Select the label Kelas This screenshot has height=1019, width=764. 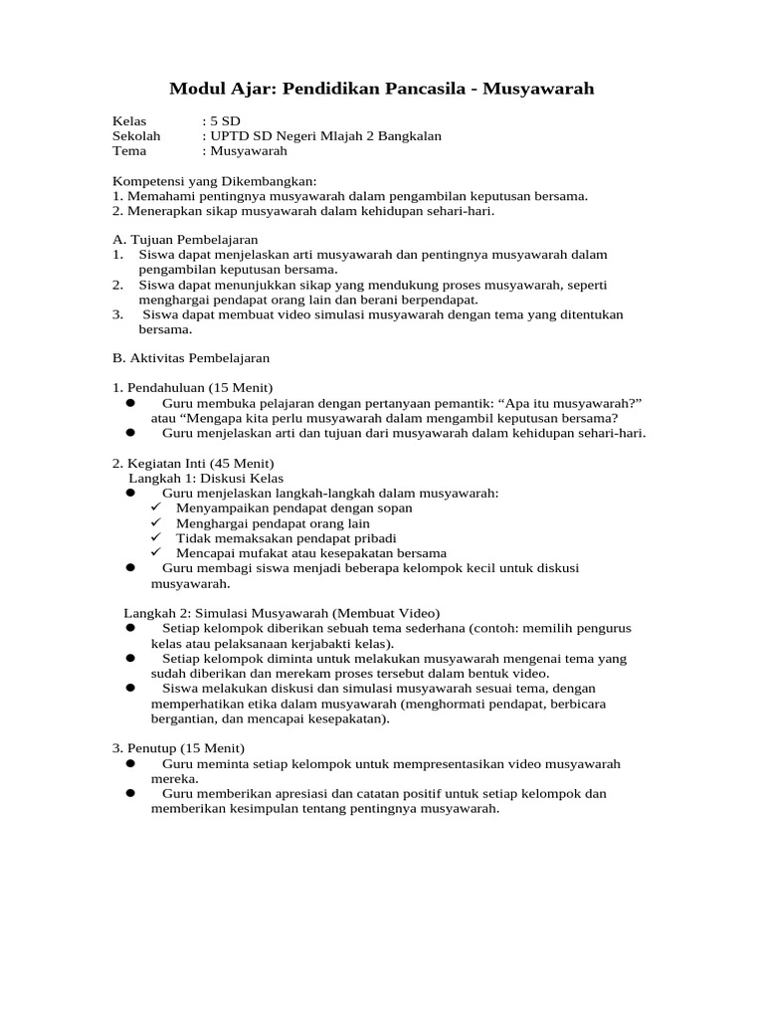point(129,121)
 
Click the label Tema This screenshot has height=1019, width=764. point(129,151)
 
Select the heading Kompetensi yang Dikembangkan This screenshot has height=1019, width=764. point(214,181)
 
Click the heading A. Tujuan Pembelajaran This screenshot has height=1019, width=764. point(185,240)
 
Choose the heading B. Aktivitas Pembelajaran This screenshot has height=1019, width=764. point(191,357)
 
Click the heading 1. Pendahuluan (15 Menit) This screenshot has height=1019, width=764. point(192,387)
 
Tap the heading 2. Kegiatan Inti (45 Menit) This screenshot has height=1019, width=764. point(193,464)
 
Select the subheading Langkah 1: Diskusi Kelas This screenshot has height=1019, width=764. point(206,479)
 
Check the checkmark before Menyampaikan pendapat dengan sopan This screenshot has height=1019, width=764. point(156,508)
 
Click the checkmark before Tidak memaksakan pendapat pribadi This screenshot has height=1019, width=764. point(156,537)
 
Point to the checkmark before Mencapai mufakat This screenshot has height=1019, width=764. point(156,552)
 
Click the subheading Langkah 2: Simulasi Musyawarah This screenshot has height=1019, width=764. point(282,613)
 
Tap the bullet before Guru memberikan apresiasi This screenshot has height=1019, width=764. point(130,794)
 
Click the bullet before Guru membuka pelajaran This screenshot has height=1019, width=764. point(130,403)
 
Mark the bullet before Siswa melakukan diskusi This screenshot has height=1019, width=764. point(130,688)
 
